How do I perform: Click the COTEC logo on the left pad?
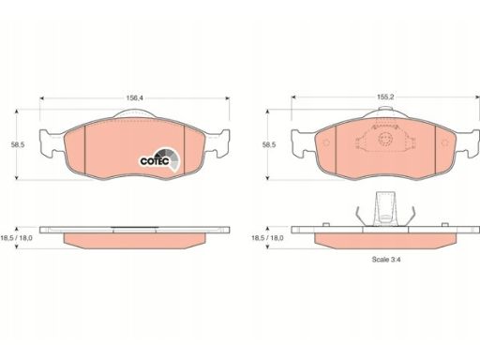[159, 160]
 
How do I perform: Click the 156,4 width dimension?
[134, 97]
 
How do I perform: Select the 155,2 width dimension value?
[385, 97]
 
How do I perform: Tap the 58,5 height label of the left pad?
[18, 144]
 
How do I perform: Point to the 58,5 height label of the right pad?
[269, 144]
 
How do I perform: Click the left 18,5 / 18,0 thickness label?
[16, 238]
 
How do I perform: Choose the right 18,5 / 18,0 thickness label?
[267, 238]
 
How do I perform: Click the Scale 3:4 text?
[386, 260]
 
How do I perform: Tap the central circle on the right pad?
[385, 139]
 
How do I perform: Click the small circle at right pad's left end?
[326, 142]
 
